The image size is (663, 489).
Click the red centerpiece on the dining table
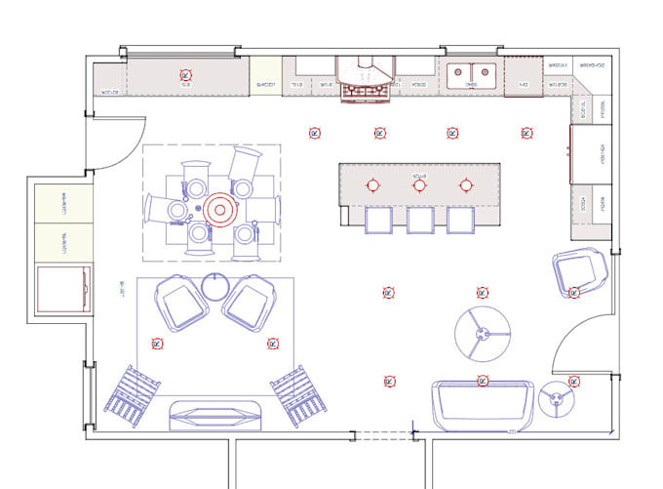point(218,209)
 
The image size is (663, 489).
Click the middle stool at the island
point(419,221)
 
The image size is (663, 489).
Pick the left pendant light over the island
point(371,184)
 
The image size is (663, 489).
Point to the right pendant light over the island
point(465,184)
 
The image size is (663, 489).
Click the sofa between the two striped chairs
point(216,412)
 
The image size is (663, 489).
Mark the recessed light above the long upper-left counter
point(185,74)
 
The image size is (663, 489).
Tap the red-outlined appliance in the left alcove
point(64,288)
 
